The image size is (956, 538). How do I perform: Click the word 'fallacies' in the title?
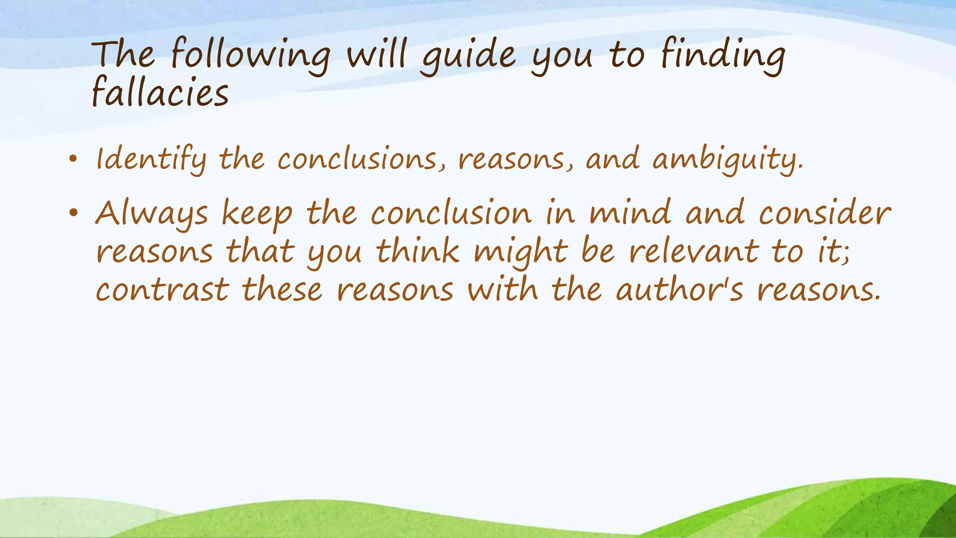160,92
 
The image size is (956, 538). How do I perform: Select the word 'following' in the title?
251,56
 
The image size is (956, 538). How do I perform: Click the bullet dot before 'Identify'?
72,160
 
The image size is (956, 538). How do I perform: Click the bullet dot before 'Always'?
72,213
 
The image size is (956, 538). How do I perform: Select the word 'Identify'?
151,159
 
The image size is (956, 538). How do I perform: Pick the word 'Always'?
151,213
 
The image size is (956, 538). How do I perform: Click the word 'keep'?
257,213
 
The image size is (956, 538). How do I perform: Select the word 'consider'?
824,212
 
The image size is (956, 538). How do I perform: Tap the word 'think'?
418,251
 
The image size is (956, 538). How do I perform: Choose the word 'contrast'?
162,289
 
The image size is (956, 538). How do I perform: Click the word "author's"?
679,289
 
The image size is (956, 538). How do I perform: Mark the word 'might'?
520,252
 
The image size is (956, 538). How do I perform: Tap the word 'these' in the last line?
282,289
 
